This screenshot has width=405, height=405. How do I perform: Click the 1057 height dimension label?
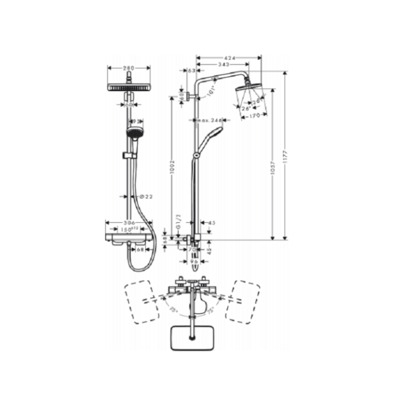click(x=273, y=180)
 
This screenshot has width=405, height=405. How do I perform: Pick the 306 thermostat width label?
click(x=129, y=223)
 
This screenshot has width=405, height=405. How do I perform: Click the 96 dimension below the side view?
click(x=193, y=261)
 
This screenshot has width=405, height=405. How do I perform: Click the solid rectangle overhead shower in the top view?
click(x=192, y=336)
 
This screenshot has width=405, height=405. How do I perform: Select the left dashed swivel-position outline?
click(x=142, y=301)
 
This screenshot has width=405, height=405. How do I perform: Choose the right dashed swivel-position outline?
click(x=242, y=301)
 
